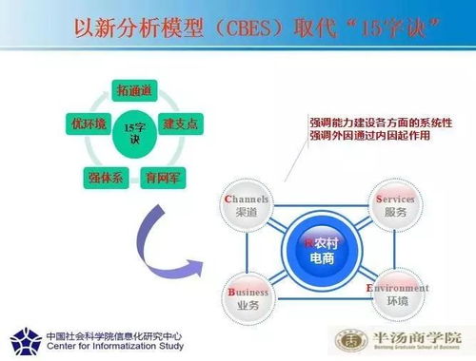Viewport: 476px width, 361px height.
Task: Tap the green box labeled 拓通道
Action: click(134, 90)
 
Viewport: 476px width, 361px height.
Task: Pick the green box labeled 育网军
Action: click(158, 176)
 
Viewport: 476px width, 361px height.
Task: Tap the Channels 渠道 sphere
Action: click(246, 208)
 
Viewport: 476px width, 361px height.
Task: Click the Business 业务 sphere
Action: click(248, 298)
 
